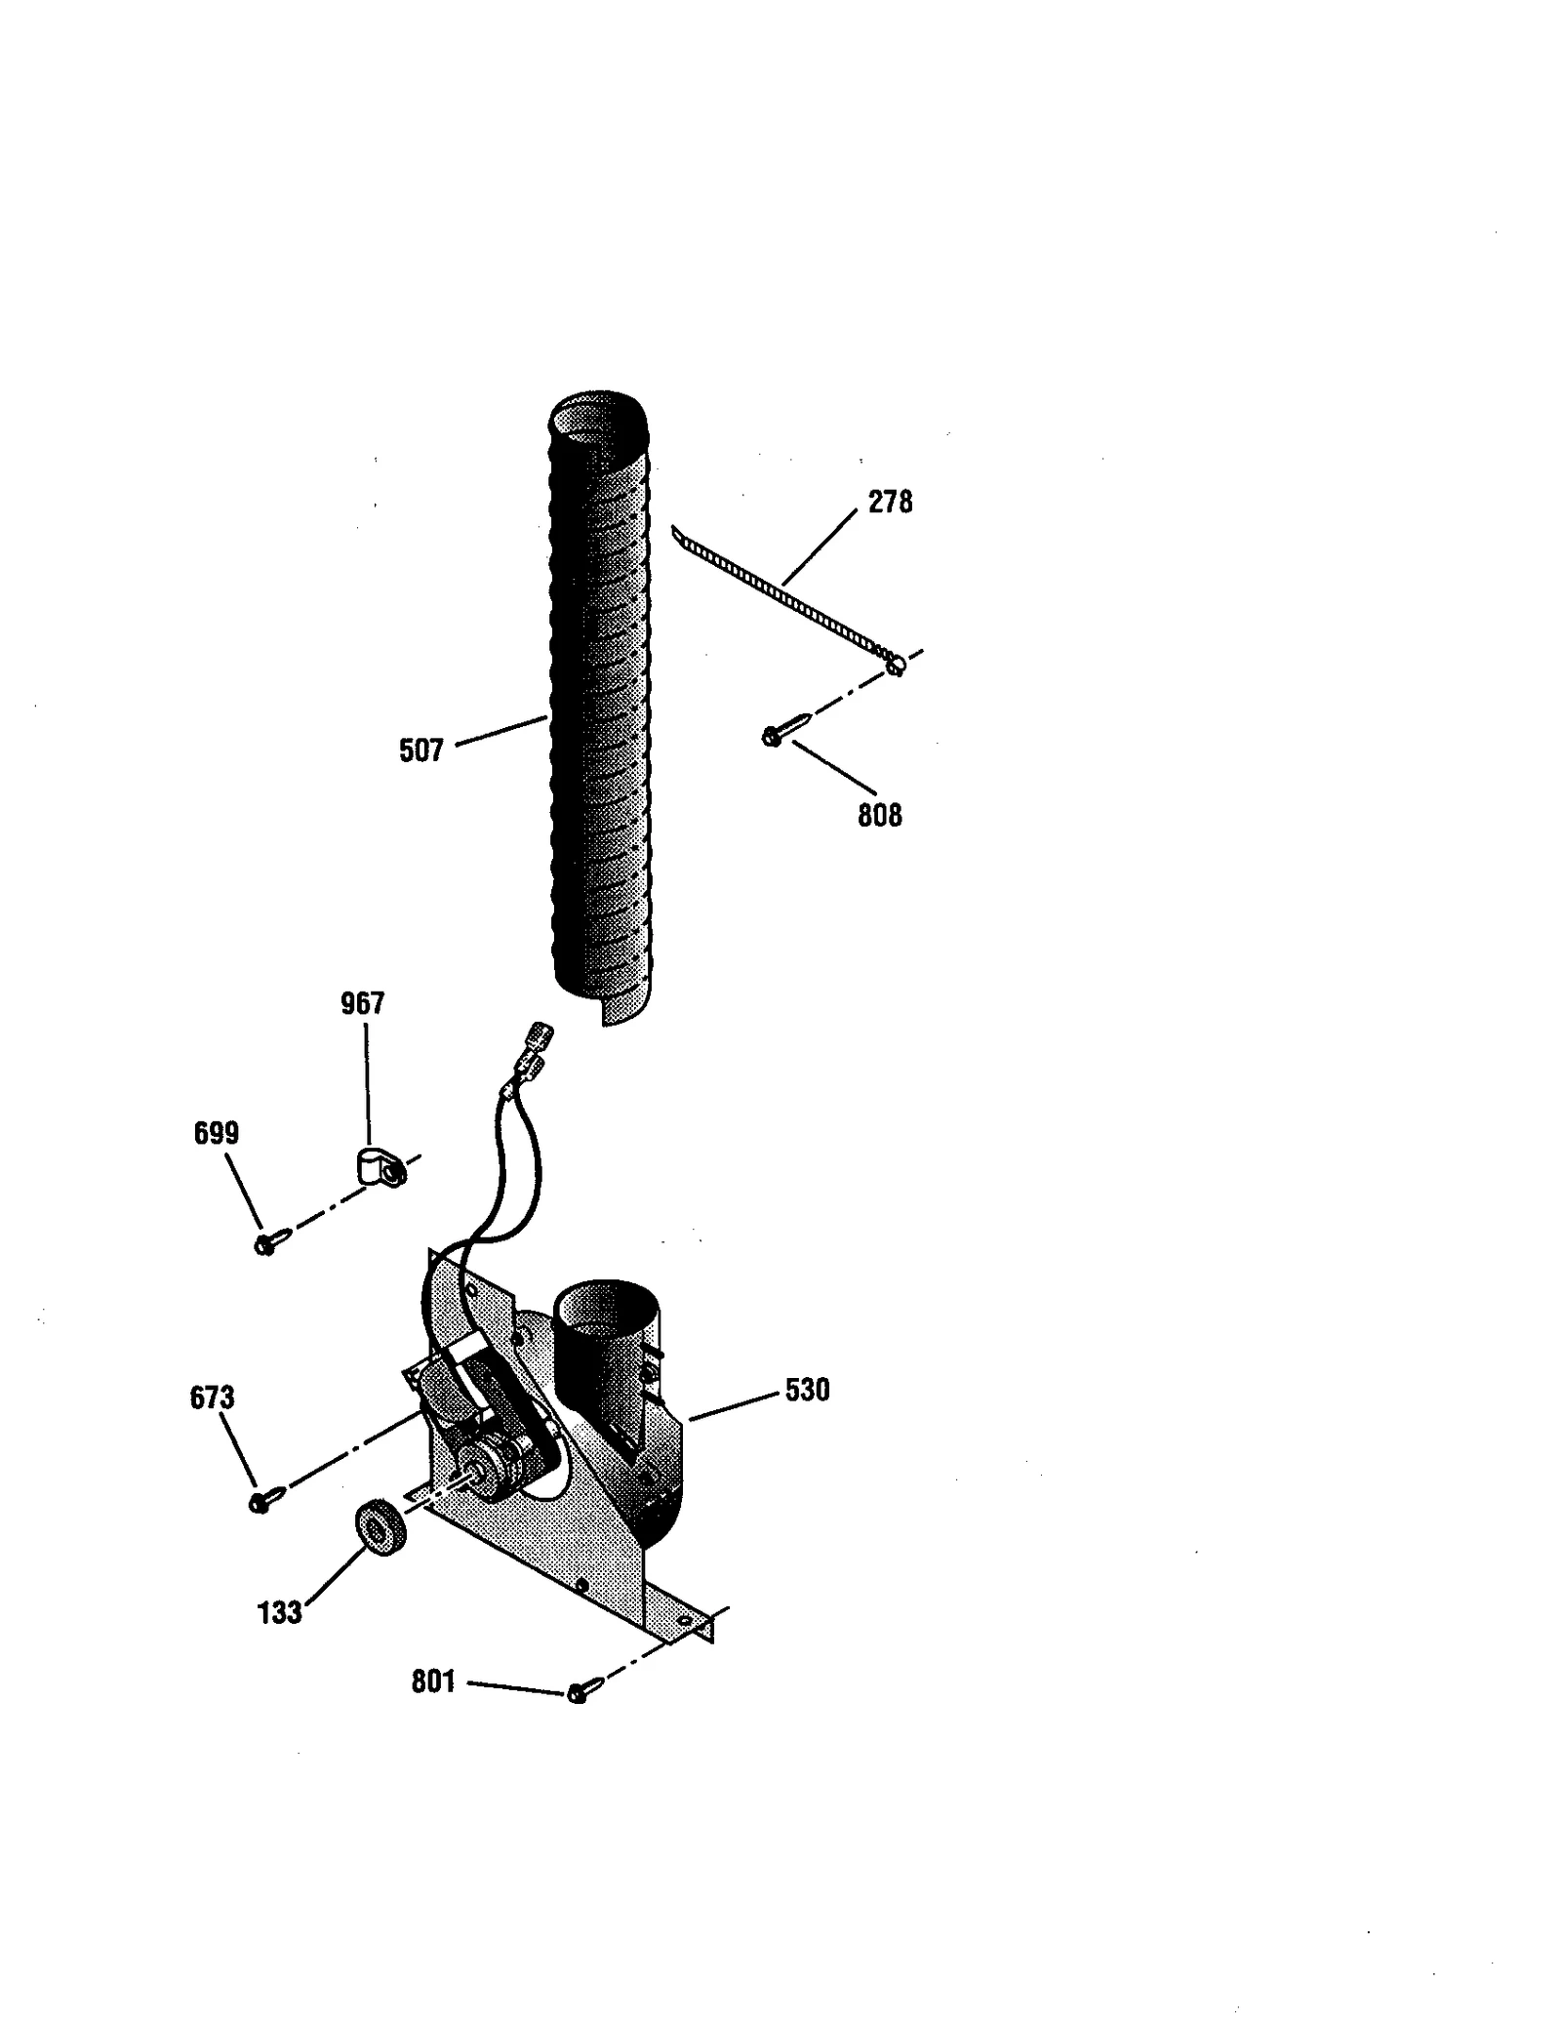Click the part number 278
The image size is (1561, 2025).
click(890, 502)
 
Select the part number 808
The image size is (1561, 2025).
click(879, 815)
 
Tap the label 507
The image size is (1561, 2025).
click(420, 749)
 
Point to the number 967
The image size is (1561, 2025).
click(362, 1003)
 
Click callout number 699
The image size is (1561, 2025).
click(216, 1133)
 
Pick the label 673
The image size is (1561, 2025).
click(212, 1397)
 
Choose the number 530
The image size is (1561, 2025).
click(807, 1389)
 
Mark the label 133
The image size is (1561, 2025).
click(279, 1612)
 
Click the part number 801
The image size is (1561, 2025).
click(433, 1681)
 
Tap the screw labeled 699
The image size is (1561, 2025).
click(270, 1241)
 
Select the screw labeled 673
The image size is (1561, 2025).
click(265, 1499)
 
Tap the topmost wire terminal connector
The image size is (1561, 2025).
click(540, 1032)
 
